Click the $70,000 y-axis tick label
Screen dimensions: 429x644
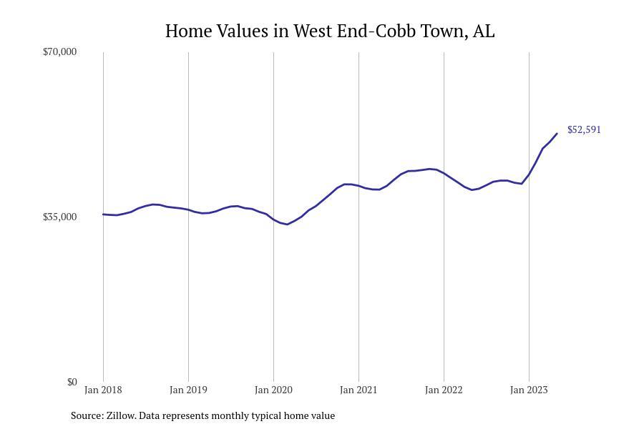tap(59, 51)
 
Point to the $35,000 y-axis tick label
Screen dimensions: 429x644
tap(59, 217)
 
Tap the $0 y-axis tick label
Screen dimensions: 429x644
tap(72, 382)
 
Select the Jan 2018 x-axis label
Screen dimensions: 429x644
tap(103, 390)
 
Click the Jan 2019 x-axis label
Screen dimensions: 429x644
tap(188, 390)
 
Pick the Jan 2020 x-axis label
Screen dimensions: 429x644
tap(273, 390)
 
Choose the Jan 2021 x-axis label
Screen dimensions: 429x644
tap(358, 390)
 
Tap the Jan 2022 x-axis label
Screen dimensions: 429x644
tap(444, 390)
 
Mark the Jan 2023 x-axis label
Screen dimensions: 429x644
tap(529, 390)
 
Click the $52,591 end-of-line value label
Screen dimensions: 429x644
tap(584, 129)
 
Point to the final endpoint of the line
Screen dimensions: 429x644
tap(557, 134)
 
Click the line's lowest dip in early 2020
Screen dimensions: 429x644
tap(288, 225)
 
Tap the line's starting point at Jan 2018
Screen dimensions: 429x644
tap(103, 214)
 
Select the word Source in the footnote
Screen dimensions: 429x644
tap(86, 415)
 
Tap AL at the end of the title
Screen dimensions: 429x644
tap(484, 31)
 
